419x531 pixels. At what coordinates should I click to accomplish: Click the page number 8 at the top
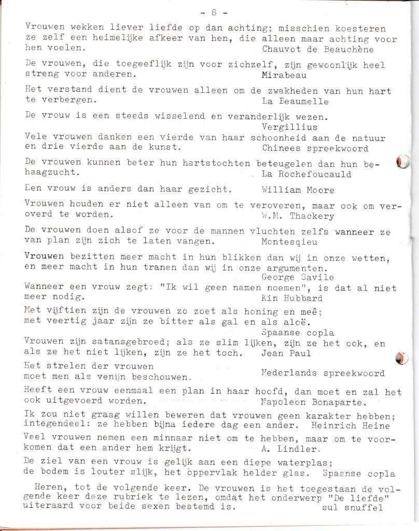[x=214, y=12]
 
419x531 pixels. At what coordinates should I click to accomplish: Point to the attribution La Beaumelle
[x=293, y=101]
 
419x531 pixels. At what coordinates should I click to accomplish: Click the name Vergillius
[x=289, y=127]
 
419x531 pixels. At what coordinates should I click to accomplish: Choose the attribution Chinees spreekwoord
[x=315, y=148]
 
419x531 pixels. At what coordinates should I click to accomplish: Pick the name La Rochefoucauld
[x=306, y=174]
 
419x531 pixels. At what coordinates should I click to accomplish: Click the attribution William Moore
[x=298, y=190]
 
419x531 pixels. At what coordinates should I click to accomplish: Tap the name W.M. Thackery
[x=298, y=216]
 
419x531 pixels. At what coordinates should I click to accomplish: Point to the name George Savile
[x=298, y=277]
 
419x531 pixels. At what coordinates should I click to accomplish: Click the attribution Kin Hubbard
[x=292, y=298]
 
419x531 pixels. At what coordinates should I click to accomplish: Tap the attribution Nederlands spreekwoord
[x=323, y=373]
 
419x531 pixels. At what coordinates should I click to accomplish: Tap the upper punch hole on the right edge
[x=402, y=162]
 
